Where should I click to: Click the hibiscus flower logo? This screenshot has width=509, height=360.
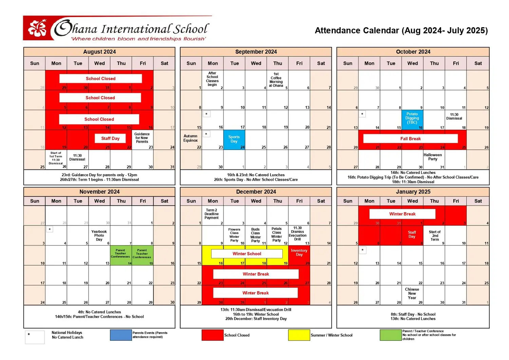[37, 28]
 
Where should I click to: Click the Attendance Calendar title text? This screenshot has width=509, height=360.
[401, 31]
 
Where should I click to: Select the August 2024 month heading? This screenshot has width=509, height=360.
[99, 52]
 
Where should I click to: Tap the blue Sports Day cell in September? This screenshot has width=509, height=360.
[234, 139]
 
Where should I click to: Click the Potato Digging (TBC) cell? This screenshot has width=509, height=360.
[412, 119]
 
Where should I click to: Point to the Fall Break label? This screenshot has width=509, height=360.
[410, 139]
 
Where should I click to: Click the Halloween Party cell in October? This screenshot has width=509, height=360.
[434, 159]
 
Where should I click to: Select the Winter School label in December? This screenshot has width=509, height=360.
[247, 254]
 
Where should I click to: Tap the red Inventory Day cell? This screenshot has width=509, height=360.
[299, 255]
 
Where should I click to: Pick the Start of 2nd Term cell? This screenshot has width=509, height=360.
[435, 235]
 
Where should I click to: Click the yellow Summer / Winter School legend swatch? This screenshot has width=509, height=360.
[299, 335]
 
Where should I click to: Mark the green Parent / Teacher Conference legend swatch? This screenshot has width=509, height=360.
[391, 335]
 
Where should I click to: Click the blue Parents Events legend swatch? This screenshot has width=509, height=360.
[121, 335]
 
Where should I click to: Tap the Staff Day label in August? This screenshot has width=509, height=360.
[110, 139]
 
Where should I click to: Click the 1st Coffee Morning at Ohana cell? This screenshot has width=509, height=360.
[277, 80]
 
